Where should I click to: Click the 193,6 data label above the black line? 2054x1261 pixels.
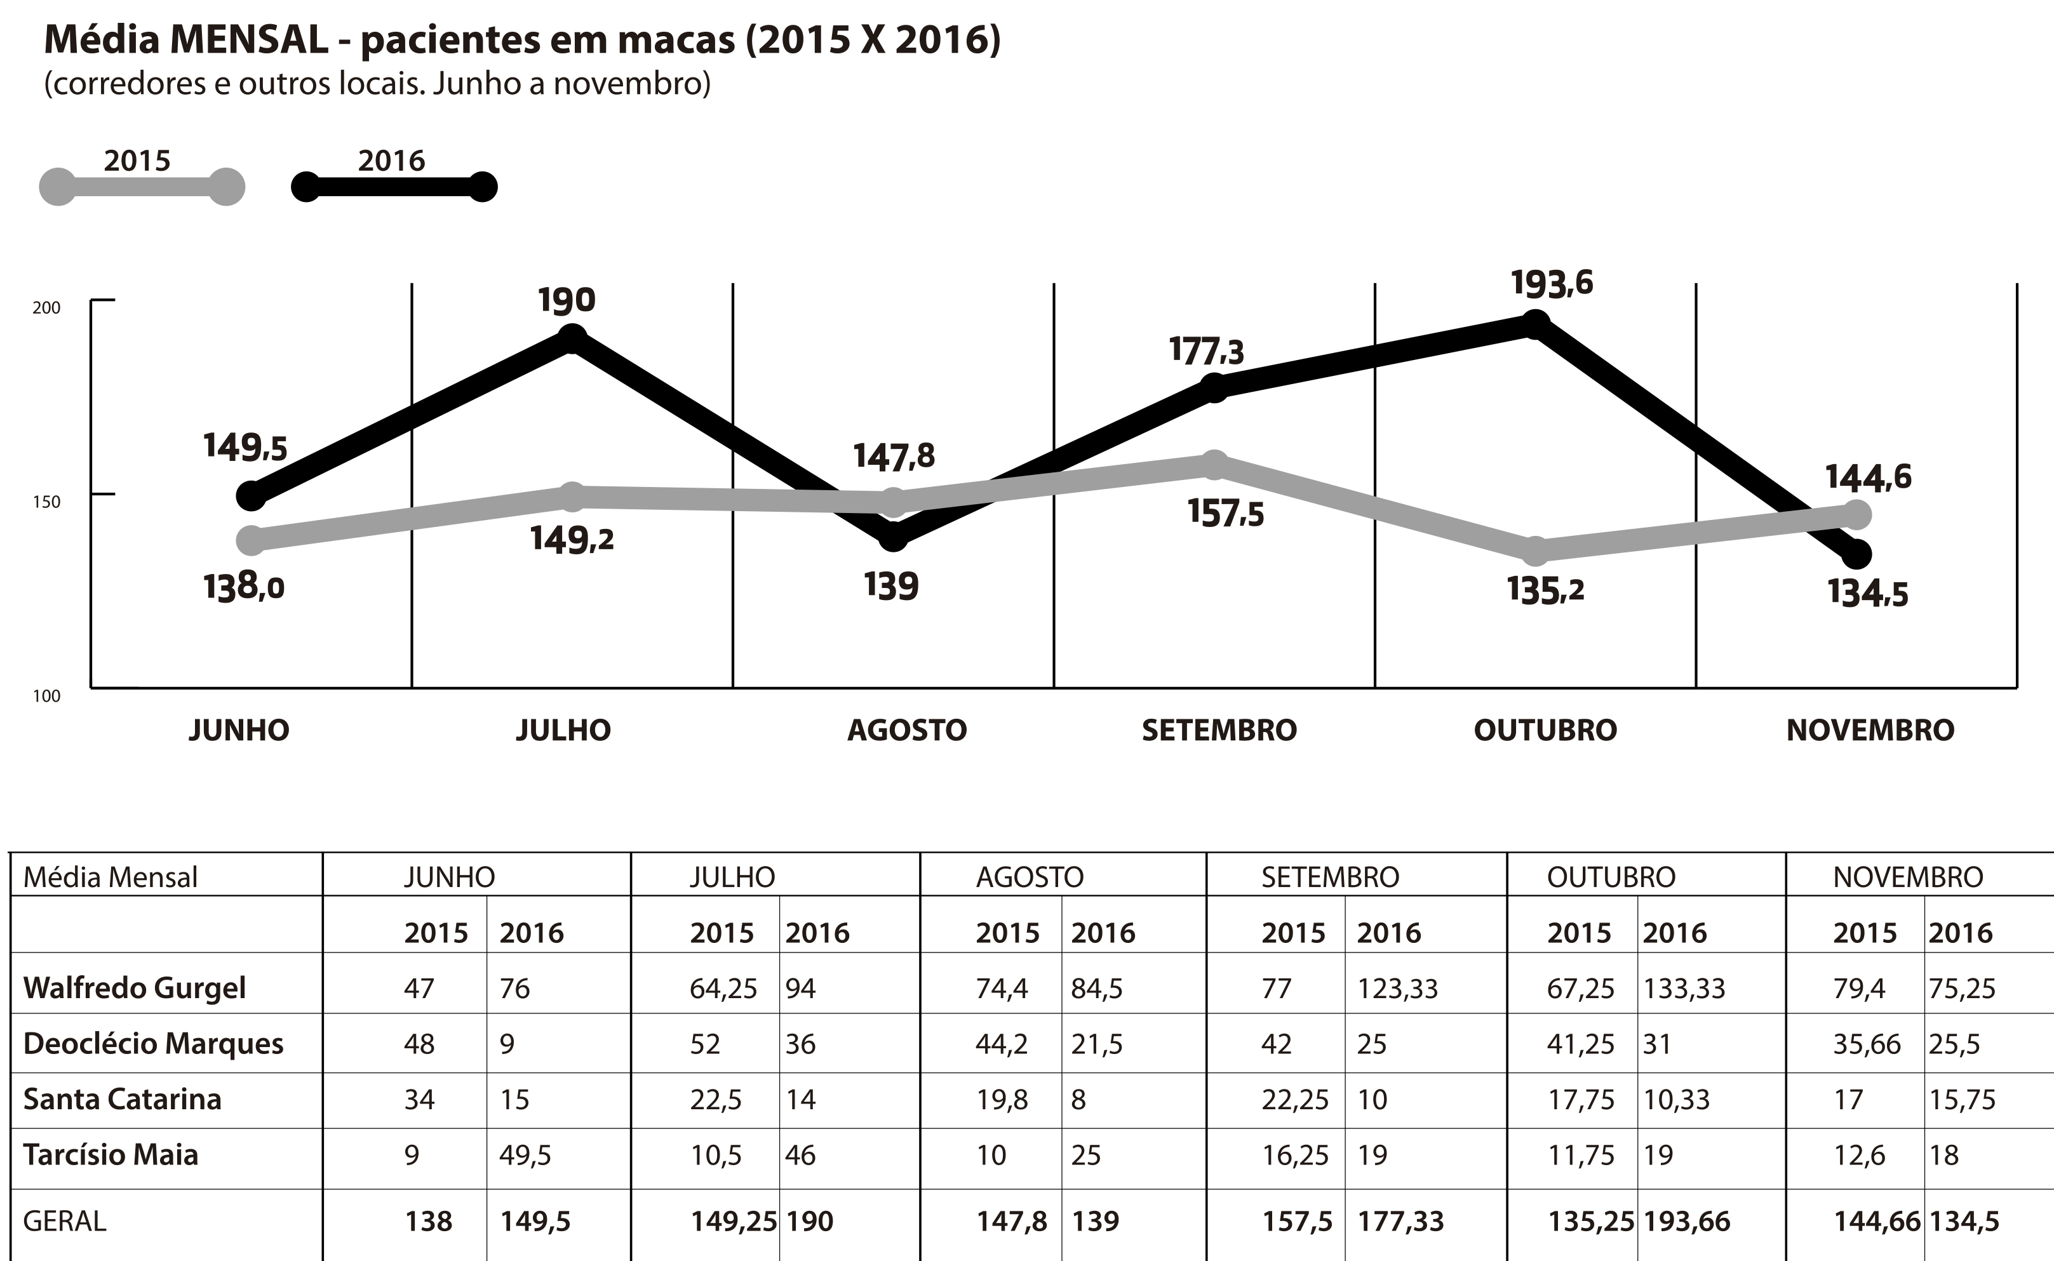pyautogui.click(x=1551, y=284)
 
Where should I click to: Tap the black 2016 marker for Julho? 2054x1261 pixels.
pyautogui.click(x=572, y=338)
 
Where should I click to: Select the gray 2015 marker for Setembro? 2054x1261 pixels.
pyautogui.click(x=1215, y=465)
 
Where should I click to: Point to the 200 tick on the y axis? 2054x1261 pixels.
pyautogui.click(x=47, y=308)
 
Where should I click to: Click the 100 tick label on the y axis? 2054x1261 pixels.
pyautogui.click(x=47, y=697)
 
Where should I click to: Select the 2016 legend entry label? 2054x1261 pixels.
pyautogui.click(x=391, y=160)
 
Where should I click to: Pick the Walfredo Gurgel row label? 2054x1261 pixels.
pyautogui.click(x=134, y=988)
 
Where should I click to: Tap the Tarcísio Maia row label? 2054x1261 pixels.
pyautogui.click(x=111, y=1155)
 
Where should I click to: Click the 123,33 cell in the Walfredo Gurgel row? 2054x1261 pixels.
pyautogui.click(x=1397, y=988)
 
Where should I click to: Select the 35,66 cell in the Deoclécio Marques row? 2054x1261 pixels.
pyautogui.click(x=1866, y=1044)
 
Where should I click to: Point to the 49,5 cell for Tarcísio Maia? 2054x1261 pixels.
pyautogui.click(x=526, y=1155)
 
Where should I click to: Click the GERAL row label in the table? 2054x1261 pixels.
pyautogui.click(x=64, y=1222)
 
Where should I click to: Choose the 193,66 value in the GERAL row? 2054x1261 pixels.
pyautogui.click(x=1686, y=1222)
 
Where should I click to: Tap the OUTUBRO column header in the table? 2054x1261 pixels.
pyautogui.click(x=1610, y=877)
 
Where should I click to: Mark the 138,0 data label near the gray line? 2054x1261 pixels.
pyautogui.click(x=244, y=588)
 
